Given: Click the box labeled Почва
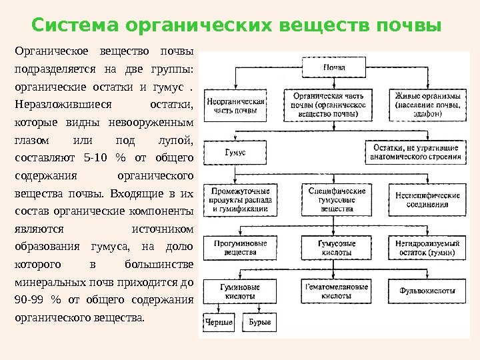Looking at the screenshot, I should pos(334,67).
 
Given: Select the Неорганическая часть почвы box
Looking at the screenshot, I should pos(236,105).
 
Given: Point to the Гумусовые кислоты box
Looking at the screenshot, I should pos(337,248).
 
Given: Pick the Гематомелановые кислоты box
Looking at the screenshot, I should pos(337,291).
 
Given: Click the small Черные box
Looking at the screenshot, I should pos(219,323).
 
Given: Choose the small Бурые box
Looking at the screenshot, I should pos(259,323).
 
